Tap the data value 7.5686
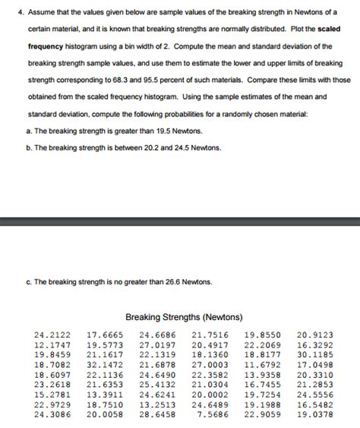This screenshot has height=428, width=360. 212,414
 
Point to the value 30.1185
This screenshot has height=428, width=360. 315,354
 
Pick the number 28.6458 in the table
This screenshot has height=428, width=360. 157,414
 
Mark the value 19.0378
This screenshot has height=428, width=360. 315,414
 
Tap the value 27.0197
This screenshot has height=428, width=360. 157,344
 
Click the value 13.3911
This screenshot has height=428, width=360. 105,395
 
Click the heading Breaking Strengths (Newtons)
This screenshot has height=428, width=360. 184,316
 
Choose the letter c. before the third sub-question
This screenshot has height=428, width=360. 29,282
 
